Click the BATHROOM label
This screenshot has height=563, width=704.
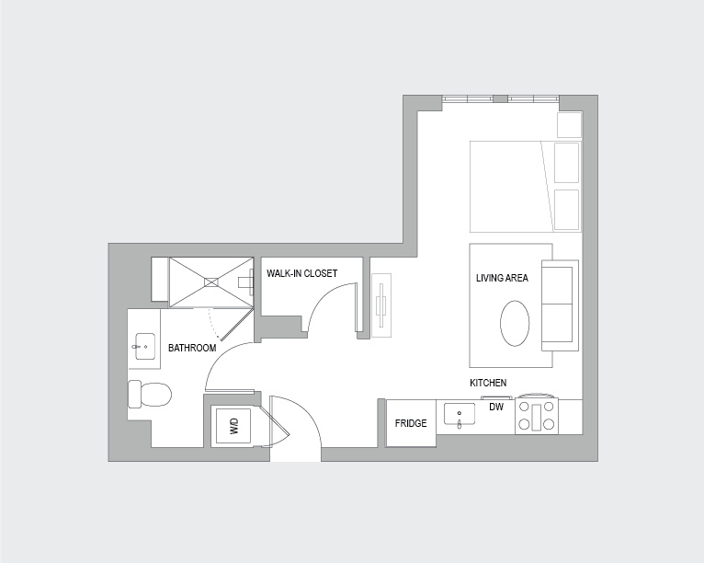[192, 348]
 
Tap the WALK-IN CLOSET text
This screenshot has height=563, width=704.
[301, 273]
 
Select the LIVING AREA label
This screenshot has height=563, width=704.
[502, 278]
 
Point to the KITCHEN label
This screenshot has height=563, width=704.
[488, 383]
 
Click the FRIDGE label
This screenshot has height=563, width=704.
[411, 423]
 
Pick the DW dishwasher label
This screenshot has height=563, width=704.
[496, 408]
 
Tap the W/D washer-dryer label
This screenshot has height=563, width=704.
[234, 426]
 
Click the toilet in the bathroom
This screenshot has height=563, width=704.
[150, 394]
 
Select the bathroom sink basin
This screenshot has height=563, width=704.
[145, 347]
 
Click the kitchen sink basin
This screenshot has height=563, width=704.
[460, 414]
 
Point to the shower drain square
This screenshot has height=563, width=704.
[211, 282]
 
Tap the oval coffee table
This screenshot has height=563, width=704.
[515, 324]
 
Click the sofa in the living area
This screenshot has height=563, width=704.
[560, 305]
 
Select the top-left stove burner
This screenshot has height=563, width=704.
[524, 408]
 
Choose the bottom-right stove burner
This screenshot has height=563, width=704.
[548, 424]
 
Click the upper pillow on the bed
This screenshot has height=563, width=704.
[567, 163]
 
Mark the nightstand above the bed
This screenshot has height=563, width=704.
[569, 125]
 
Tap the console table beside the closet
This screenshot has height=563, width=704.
[381, 305]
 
